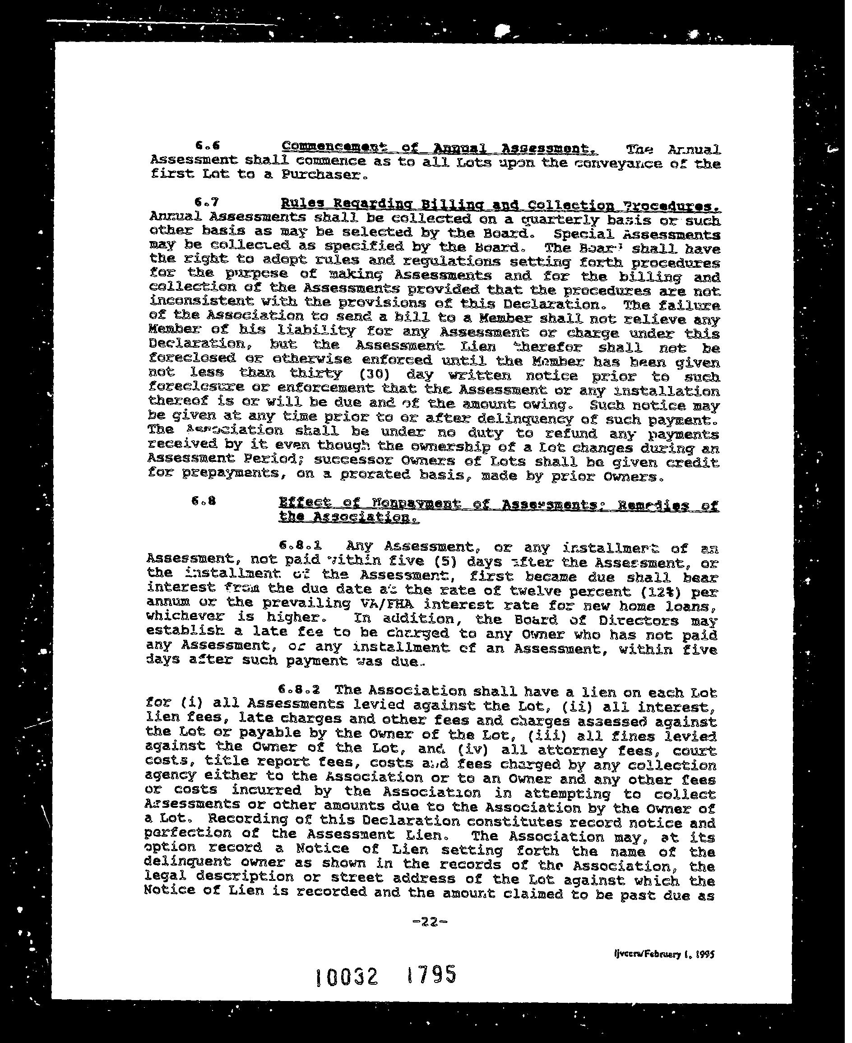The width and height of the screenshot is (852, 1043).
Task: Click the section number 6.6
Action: [207, 145]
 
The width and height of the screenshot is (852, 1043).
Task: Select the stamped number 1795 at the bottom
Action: [431, 974]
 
